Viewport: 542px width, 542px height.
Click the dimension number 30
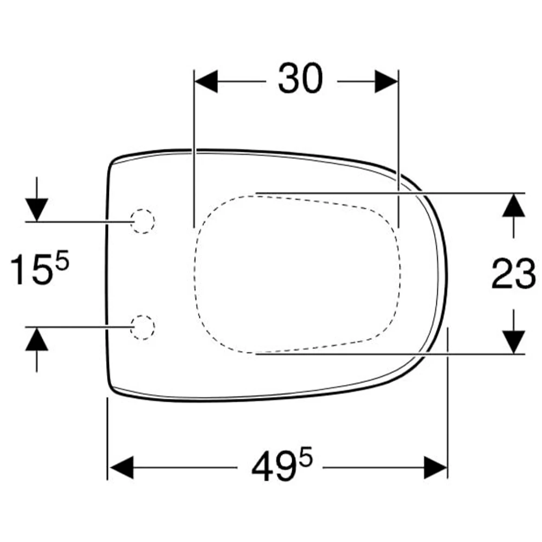(300, 79)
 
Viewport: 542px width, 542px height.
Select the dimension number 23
(514, 274)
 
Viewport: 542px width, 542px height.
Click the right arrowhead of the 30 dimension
(386, 82)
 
